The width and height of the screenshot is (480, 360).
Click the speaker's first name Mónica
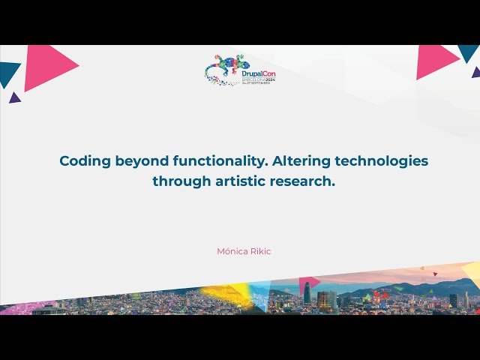(x=231, y=251)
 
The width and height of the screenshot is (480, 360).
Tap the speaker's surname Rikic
(x=259, y=251)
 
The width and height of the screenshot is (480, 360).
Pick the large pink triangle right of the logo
(x=435, y=61)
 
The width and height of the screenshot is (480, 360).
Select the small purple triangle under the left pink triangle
(x=14, y=97)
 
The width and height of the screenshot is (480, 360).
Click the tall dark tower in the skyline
(x=307, y=293)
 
